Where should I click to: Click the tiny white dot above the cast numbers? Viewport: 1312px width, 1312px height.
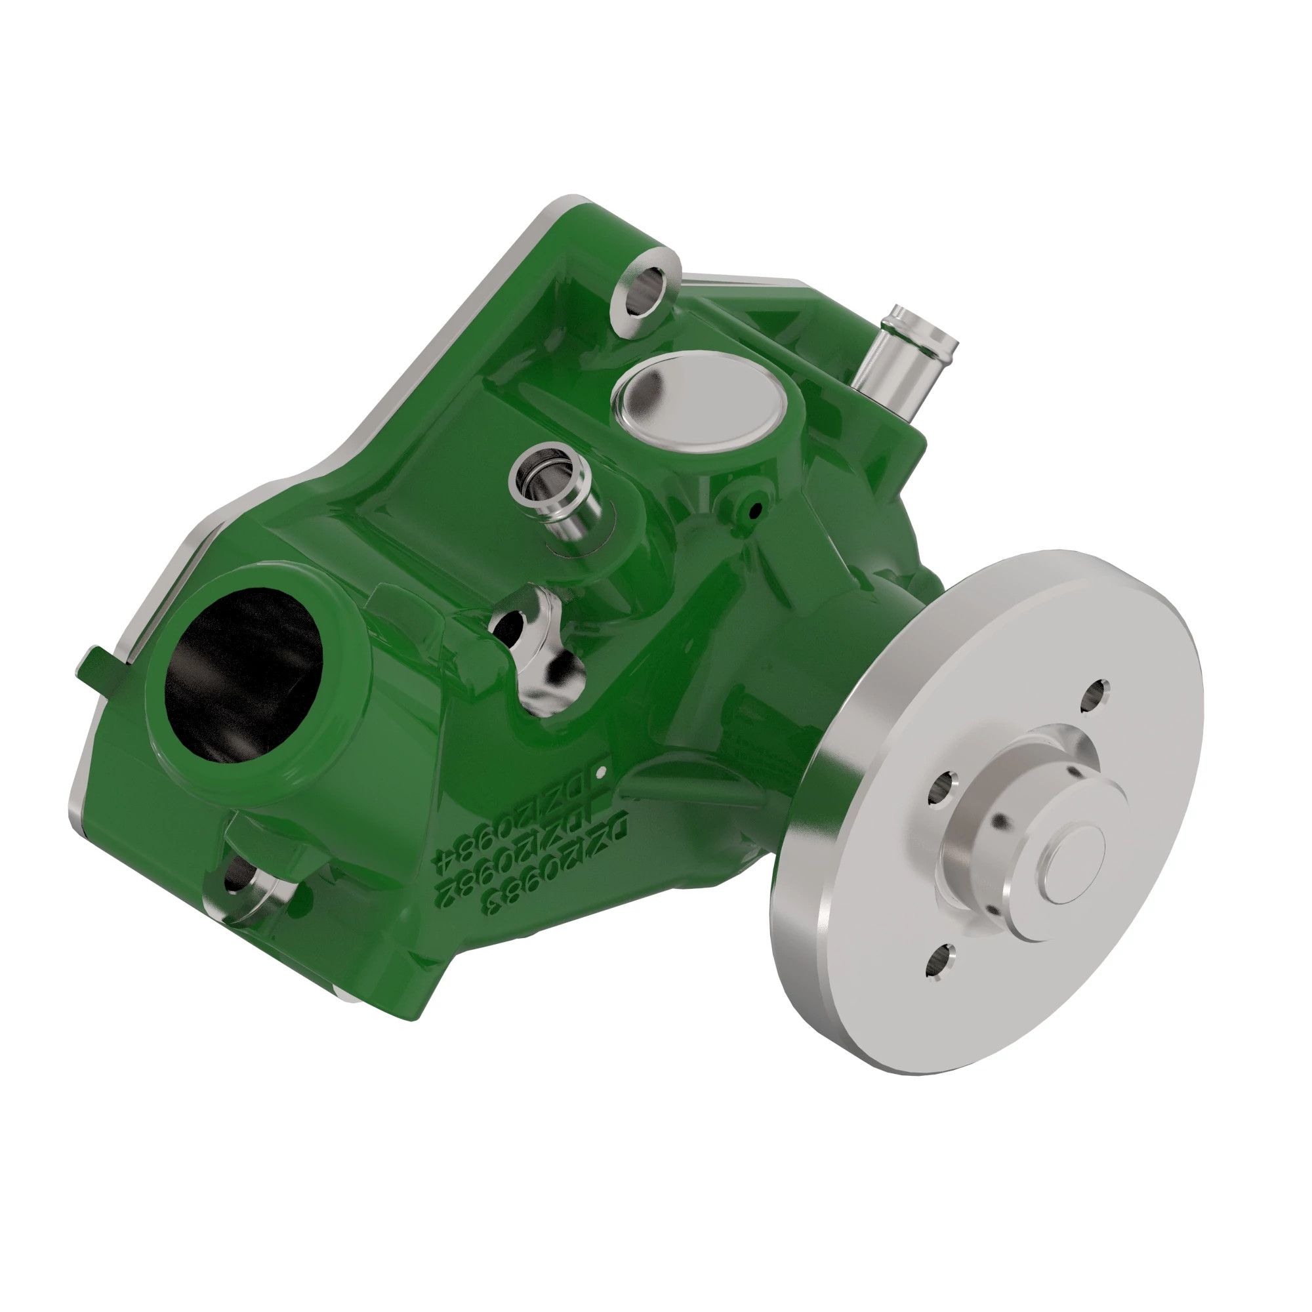click(600, 772)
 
